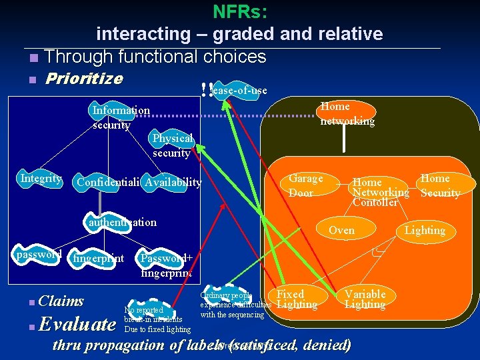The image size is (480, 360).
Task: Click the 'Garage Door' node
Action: pyautogui.click(x=306, y=185)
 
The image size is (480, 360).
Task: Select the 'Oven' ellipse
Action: pyautogui.click(x=342, y=231)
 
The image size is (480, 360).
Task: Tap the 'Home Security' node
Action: pyautogui.click(x=440, y=185)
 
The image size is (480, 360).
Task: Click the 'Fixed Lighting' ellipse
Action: pyautogui.click(x=293, y=299)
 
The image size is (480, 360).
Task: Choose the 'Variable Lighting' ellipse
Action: pyautogui.click(x=365, y=299)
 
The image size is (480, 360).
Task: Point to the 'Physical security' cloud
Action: pyautogui.click(x=172, y=145)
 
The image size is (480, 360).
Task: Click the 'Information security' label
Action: pyautogui.click(x=121, y=117)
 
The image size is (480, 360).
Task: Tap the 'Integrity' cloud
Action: pyautogui.click(x=41, y=179)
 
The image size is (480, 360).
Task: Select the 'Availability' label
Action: pyautogui.click(x=173, y=183)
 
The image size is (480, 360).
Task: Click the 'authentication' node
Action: pyautogui.click(x=123, y=223)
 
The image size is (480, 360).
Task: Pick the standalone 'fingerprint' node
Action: pyautogui.click(x=99, y=257)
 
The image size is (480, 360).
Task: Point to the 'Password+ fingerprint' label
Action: pyautogui.click(x=166, y=264)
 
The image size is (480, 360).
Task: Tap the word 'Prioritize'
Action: pyautogui.click(x=83, y=79)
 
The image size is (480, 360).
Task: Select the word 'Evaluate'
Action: pyautogui.click(x=77, y=325)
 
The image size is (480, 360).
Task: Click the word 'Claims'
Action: pyautogui.click(x=61, y=301)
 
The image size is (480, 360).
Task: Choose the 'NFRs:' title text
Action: pyautogui.click(x=239, y=12)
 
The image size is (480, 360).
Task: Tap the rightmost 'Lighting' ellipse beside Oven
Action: pyautogui.click(x=425, y=231)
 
